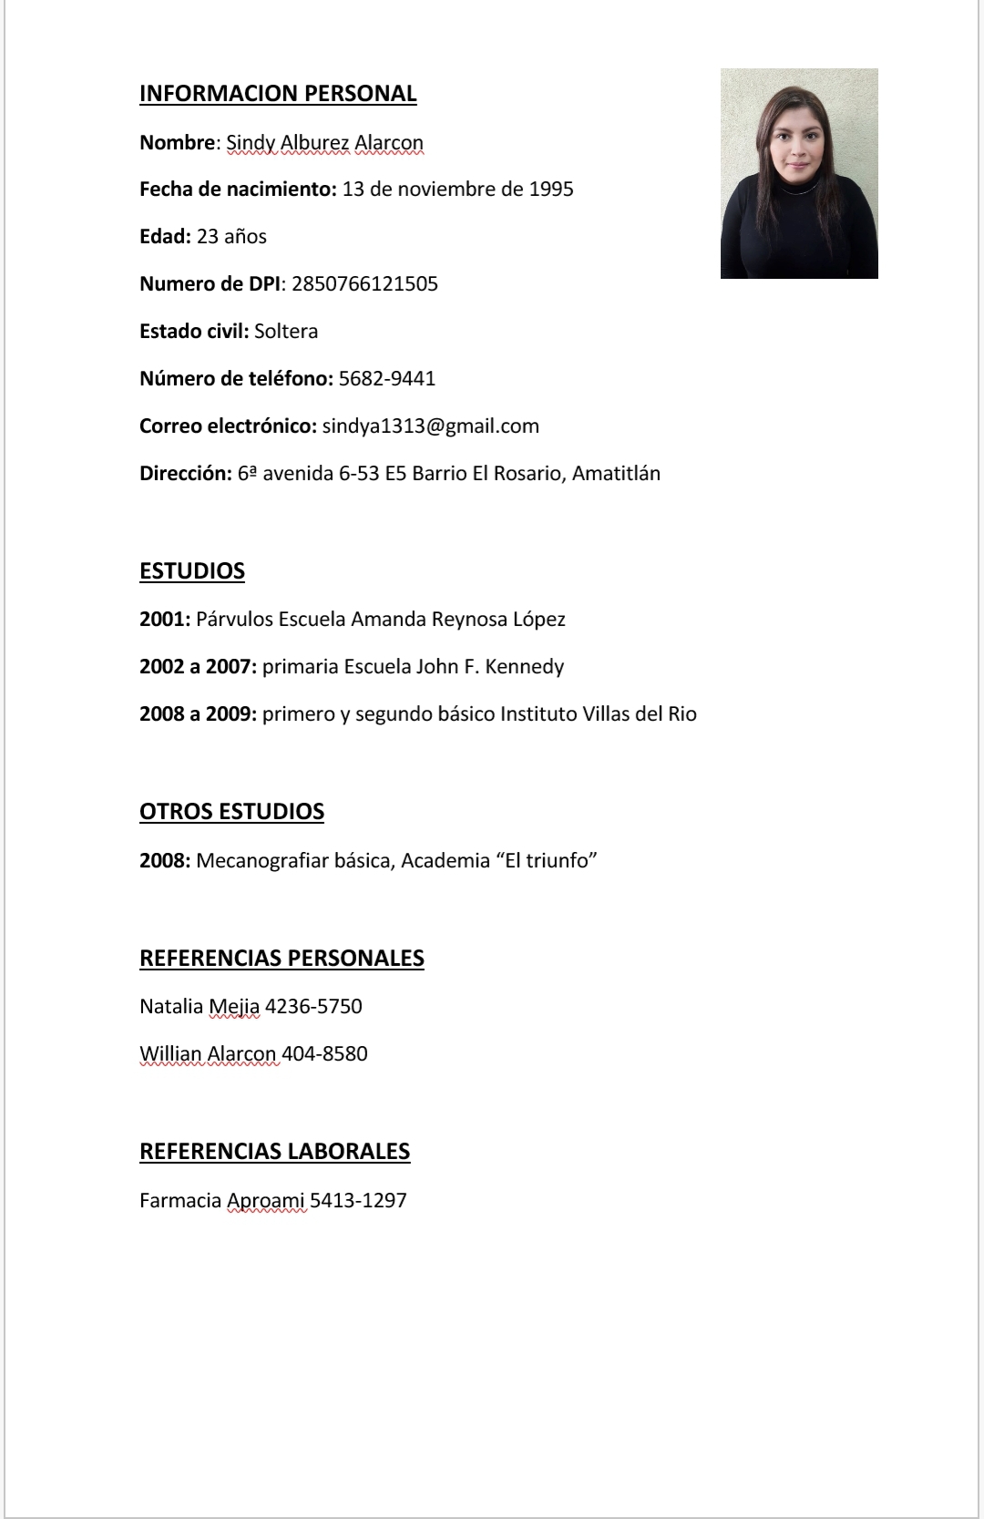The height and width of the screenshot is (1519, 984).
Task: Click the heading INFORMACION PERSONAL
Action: click(278, 94)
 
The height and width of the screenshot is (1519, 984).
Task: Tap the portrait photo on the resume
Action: click(799, 173)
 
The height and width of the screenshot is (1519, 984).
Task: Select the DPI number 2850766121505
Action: click(364, 284)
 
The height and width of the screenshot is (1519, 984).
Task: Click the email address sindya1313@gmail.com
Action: click(430, 426)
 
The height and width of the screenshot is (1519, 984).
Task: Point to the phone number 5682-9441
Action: click(387, 379)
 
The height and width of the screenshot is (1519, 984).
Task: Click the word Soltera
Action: click(286, 332)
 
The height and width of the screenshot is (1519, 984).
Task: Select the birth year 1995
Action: click(551, 190)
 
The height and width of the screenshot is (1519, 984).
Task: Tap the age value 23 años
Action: click(231, 237)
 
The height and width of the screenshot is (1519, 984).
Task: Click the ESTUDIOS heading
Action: click(192, 571)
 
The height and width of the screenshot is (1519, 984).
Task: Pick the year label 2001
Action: click(164, 620)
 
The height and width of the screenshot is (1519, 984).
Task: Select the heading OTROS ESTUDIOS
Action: click(231, 812)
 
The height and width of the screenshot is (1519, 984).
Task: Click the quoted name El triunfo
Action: click(546, 861)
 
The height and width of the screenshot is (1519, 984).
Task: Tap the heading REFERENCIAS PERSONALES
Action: click(282, 959)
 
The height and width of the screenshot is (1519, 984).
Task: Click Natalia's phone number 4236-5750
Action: click(313, 1007)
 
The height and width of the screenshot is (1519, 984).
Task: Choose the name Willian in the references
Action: click(170, 1054)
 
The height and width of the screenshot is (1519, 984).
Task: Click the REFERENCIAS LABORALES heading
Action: click(274, 1152)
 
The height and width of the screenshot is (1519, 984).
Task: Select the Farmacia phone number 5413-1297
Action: click(358, 1201)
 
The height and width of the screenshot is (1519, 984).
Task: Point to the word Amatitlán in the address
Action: click(616, 474)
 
